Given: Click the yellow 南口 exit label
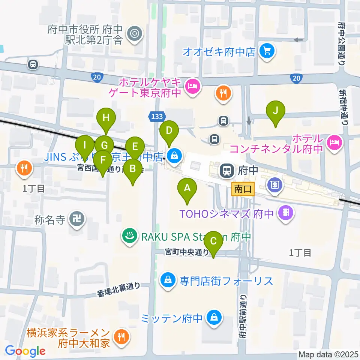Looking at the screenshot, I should [x=243, y=189].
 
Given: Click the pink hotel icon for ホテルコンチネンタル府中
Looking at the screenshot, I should [x=333, y=141].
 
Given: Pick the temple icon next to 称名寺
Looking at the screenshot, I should [x=79, y=218].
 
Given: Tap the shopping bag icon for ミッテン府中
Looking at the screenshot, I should [x=213, y=318].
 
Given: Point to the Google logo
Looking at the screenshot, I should [x=25, y=351].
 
